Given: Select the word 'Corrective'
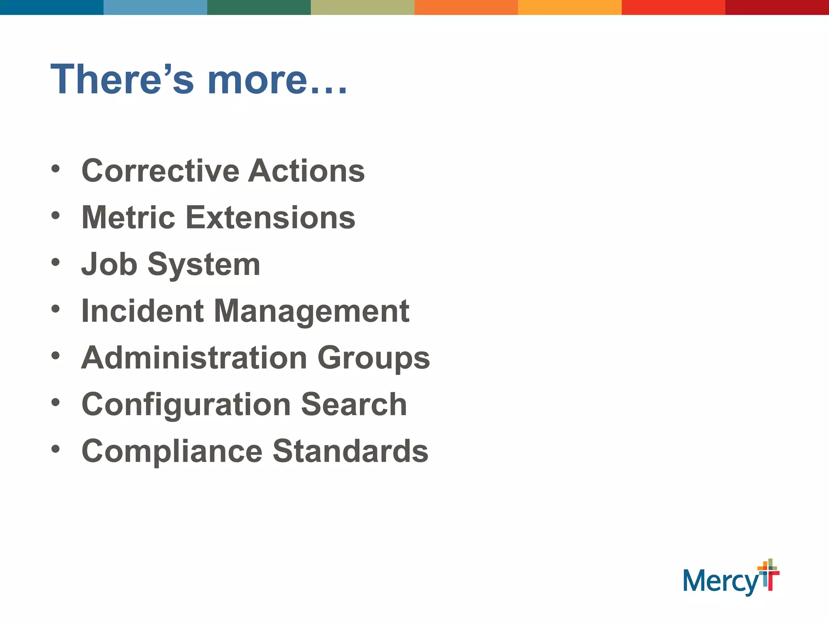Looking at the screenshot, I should pyautogui.click(x=160, y=170).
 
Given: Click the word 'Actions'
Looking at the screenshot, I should pyautogui.click(x=306, y=170).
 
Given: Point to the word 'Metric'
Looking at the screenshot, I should pyautogui.click(x=128, y=217).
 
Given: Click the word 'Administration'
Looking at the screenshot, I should pyautogui.click(x=194, y=358).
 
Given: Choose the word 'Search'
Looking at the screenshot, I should pyautogui.click(x=354, y=405).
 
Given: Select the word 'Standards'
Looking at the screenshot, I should pyautogui.click(x=351, y=451).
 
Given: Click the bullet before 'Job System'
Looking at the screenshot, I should pyautogui.click(x=55, y=262).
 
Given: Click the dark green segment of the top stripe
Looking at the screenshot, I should pyautogui.click(x=259, y=7).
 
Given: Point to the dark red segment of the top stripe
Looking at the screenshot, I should pyautogui.click(x=777, y=7).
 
